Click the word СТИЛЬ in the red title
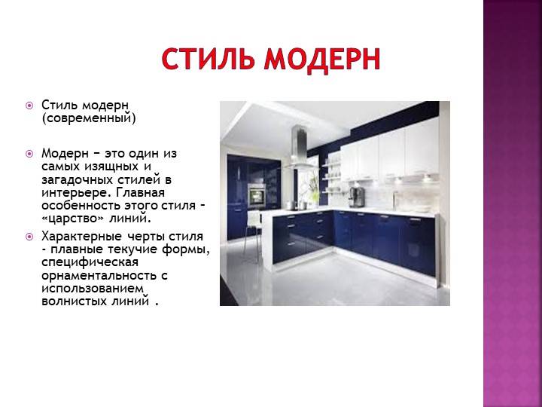tap(208, 60)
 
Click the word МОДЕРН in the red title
tap(322, 60)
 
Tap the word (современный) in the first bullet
tap(89, 118)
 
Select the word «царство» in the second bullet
tap(73, 219)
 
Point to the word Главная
tap(140, 192)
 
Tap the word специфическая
tap(90, 263)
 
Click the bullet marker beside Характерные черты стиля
tap(29, 237)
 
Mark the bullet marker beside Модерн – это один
tap(29, 153)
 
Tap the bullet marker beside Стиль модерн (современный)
tap(29, 105)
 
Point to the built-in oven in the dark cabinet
tap(257, 195)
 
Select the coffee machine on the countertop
tap(356, 197)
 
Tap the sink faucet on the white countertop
tap(394, 200)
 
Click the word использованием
tap(92, 289)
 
